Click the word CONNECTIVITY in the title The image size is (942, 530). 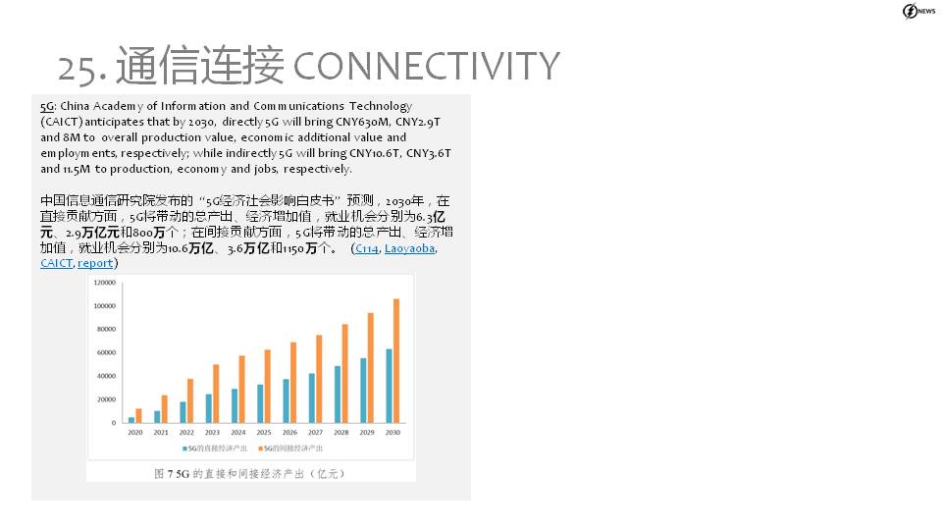coord(427,66)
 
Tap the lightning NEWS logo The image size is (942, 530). coord(918,11)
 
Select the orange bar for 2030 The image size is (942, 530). coord(395,360)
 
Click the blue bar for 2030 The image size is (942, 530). coord(390,386)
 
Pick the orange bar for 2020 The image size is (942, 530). coord(138,415)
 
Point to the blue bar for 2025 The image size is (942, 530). coord(260,403)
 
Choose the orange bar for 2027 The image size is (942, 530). coord(319,379)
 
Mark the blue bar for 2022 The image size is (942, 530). coord(183,412)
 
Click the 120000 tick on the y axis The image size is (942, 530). coord(105,283)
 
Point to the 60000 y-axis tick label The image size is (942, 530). coord(106,352)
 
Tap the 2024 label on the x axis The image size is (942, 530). coord(237,432)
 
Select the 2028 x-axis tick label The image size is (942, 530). coord(341,432)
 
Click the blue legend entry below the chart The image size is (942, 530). coord(215,449)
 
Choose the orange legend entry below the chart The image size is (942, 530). coord(290,449)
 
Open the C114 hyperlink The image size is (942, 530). coord(367,248)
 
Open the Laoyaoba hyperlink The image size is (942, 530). coord(410,248)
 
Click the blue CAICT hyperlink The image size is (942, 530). coord(57,263)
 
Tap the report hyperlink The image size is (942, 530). coord(95,263)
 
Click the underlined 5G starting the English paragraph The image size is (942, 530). coord(47,106)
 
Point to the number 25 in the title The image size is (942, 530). coord(78,68)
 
